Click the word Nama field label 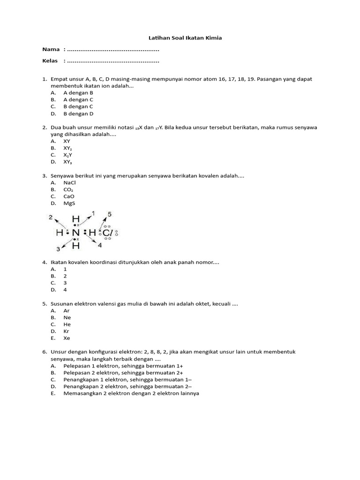pos(51,49)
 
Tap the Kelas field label pos(50,60)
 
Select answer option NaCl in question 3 pos(69,182)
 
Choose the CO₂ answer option pos(68,189)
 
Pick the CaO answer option pos(69,196)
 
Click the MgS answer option pos(69,203)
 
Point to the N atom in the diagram pos(75,232)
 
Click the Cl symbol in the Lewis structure pos(107,232)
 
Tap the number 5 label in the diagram pos(109,214)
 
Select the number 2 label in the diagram pos(50,217)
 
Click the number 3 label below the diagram pos(58,249)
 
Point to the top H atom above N pos(76,219)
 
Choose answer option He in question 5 pos(67,324)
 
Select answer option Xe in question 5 pos(67,338)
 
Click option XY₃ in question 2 pos(68,162)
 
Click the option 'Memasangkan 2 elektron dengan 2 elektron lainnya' pos(131,393)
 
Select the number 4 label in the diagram pos(99,245)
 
